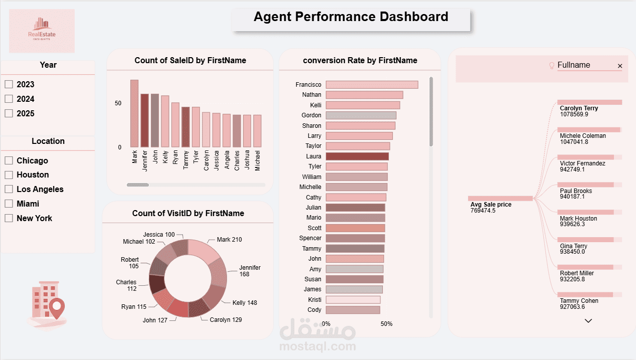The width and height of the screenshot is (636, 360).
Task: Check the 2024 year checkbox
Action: tap(9, 99)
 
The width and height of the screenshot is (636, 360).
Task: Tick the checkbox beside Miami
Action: tap(9, 204)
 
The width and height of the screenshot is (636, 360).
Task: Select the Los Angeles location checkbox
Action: tap(9, 189)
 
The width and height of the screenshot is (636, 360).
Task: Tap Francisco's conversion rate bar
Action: tap(371, 85)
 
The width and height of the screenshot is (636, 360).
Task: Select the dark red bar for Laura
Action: tap(357, 156)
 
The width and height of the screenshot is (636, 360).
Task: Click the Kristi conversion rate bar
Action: tap(353, 300)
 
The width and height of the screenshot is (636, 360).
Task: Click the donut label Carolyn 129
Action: tap(226, 320)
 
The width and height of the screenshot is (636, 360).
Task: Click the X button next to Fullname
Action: tap(620, 66)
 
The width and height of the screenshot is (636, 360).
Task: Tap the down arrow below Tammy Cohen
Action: tap(588, 321)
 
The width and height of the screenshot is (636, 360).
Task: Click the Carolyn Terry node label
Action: tap(579, 108)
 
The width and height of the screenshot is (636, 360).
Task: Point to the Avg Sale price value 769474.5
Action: tap(483, 211)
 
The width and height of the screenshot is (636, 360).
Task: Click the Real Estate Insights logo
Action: tap(42, 31)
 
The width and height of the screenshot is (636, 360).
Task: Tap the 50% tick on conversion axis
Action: tap(386, 324)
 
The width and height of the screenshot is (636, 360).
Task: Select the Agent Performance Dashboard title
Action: tap(351, 17)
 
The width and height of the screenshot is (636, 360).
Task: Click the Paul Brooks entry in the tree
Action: tap(576, 191)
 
